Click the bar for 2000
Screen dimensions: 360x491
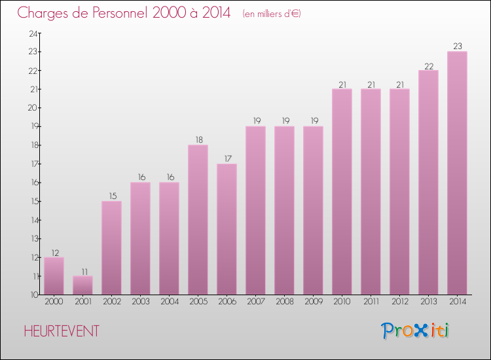pos(54,276)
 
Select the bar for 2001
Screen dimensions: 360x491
pos(82,285)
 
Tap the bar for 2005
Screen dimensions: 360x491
pos(198,219)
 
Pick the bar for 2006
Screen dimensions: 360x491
pos(227,229)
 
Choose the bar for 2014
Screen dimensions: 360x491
pos(457,173)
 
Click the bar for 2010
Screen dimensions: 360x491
pos(342,191)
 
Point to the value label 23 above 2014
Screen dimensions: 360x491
pos(457,46)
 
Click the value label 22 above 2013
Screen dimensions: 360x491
pos(428,65)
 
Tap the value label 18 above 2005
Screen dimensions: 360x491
pos(198,140)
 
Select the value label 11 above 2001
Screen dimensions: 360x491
pos(82,271)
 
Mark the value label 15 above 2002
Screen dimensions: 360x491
pos(111,196)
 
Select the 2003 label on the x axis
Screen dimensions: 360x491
pos(140,302)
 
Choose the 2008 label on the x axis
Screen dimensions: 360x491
pos(284,302)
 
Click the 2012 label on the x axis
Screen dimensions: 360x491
pos(399,302)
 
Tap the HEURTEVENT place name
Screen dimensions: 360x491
pos(62,331)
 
